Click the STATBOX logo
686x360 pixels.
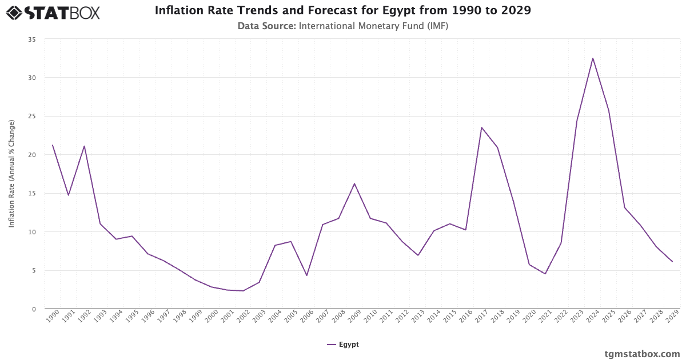pyautogui.click(x=53, y=12)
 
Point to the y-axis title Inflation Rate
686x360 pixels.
pyautogui.click(x=11, y=174)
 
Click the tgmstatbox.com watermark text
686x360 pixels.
pyautogui.click(x=642, y=353)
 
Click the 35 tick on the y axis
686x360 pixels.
pyautogui.click(x=32, y=39)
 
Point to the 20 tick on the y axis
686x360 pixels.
pyautogui.click(x=32, y=155)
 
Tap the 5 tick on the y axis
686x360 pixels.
pyautogui.click(x=34, y=270)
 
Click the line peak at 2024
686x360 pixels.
pyautogui.click(x=593, y=58)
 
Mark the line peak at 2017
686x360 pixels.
pyautogui.click(x=481, y=127)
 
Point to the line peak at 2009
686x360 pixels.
pyautogui.click(x=354, y=183)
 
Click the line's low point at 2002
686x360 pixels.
pyautogui.click(x=243, y=291)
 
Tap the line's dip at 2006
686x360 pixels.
pyautogui.click(x=306, y=275)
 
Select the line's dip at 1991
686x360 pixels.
pyautogui.click(x=69, y=195)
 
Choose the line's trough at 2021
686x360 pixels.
pyautogui.click(x=545, y=274)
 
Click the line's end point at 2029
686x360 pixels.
pyautogui.click(x=672, y=262)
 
